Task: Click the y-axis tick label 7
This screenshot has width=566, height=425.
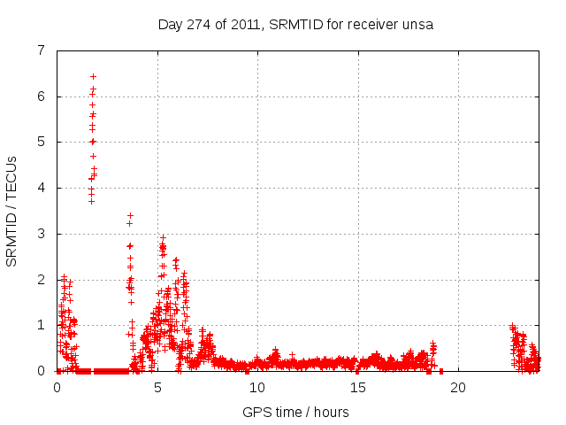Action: pos(41,50)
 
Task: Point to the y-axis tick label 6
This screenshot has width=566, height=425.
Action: pos(41,97)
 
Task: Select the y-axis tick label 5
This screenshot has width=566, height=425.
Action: pos(41,142)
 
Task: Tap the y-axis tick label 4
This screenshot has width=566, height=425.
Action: pos(41,188)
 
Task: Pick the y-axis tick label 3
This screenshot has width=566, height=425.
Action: pos(41,234)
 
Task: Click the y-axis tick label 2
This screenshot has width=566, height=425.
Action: pos(41,280)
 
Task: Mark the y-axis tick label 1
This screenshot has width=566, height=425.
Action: pos(41,325)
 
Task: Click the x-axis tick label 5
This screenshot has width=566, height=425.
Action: pos(157,388)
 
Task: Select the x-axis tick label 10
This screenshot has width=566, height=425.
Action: pos(257,388)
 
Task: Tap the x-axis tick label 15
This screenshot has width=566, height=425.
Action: pos(358,388)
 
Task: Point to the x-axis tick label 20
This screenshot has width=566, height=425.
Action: pos(458,388)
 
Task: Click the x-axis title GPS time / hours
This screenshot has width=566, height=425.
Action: pos(296,412)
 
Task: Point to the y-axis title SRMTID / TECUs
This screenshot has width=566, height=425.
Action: pos(11,211)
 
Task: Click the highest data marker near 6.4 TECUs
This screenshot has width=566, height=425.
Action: pos(93,76)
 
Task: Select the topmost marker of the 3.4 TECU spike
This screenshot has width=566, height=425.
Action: pos(130,215)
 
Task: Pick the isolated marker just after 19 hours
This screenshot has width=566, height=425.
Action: pos(441,370)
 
